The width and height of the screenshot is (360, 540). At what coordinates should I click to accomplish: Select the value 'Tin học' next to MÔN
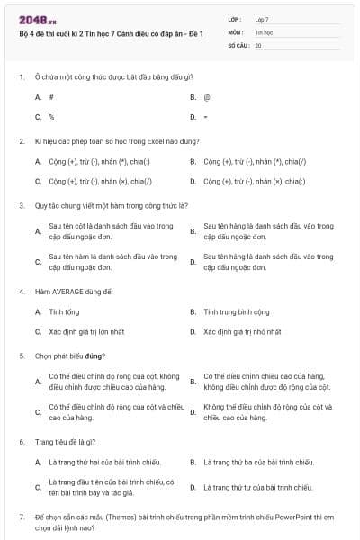coord(264,31)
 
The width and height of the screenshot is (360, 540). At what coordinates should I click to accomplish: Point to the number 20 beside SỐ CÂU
coord(258,44)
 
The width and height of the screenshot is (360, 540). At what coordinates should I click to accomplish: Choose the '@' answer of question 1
coord(207,96)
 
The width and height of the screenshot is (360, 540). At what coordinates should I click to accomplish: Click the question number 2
coord(22,141)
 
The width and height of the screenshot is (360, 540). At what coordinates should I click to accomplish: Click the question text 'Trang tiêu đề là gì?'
coord(65,442)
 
